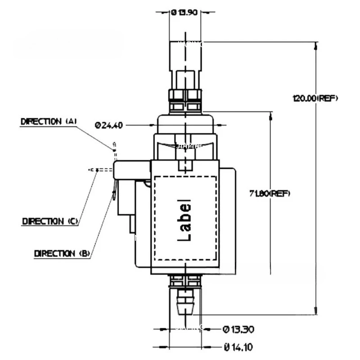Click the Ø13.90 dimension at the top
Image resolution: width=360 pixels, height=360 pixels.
[184, 13]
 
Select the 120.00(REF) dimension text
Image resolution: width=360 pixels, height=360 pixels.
[315, 98]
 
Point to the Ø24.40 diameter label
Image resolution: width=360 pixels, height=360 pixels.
[109, 125]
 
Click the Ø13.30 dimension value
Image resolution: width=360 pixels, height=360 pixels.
[238, 329]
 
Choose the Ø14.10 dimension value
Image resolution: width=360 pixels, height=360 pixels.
[238, 347]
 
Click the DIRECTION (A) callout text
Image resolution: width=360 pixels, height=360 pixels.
[49, 121]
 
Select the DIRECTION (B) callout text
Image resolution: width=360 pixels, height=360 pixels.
[62, 253]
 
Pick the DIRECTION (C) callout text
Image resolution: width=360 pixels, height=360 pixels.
[50, 221]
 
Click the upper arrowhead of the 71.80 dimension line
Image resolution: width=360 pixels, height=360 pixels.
[270, 115]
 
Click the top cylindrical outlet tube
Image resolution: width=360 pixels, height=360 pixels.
[185, 56]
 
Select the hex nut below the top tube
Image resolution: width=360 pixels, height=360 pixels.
[185, 95]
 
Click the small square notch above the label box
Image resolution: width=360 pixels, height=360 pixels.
[184, 166]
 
